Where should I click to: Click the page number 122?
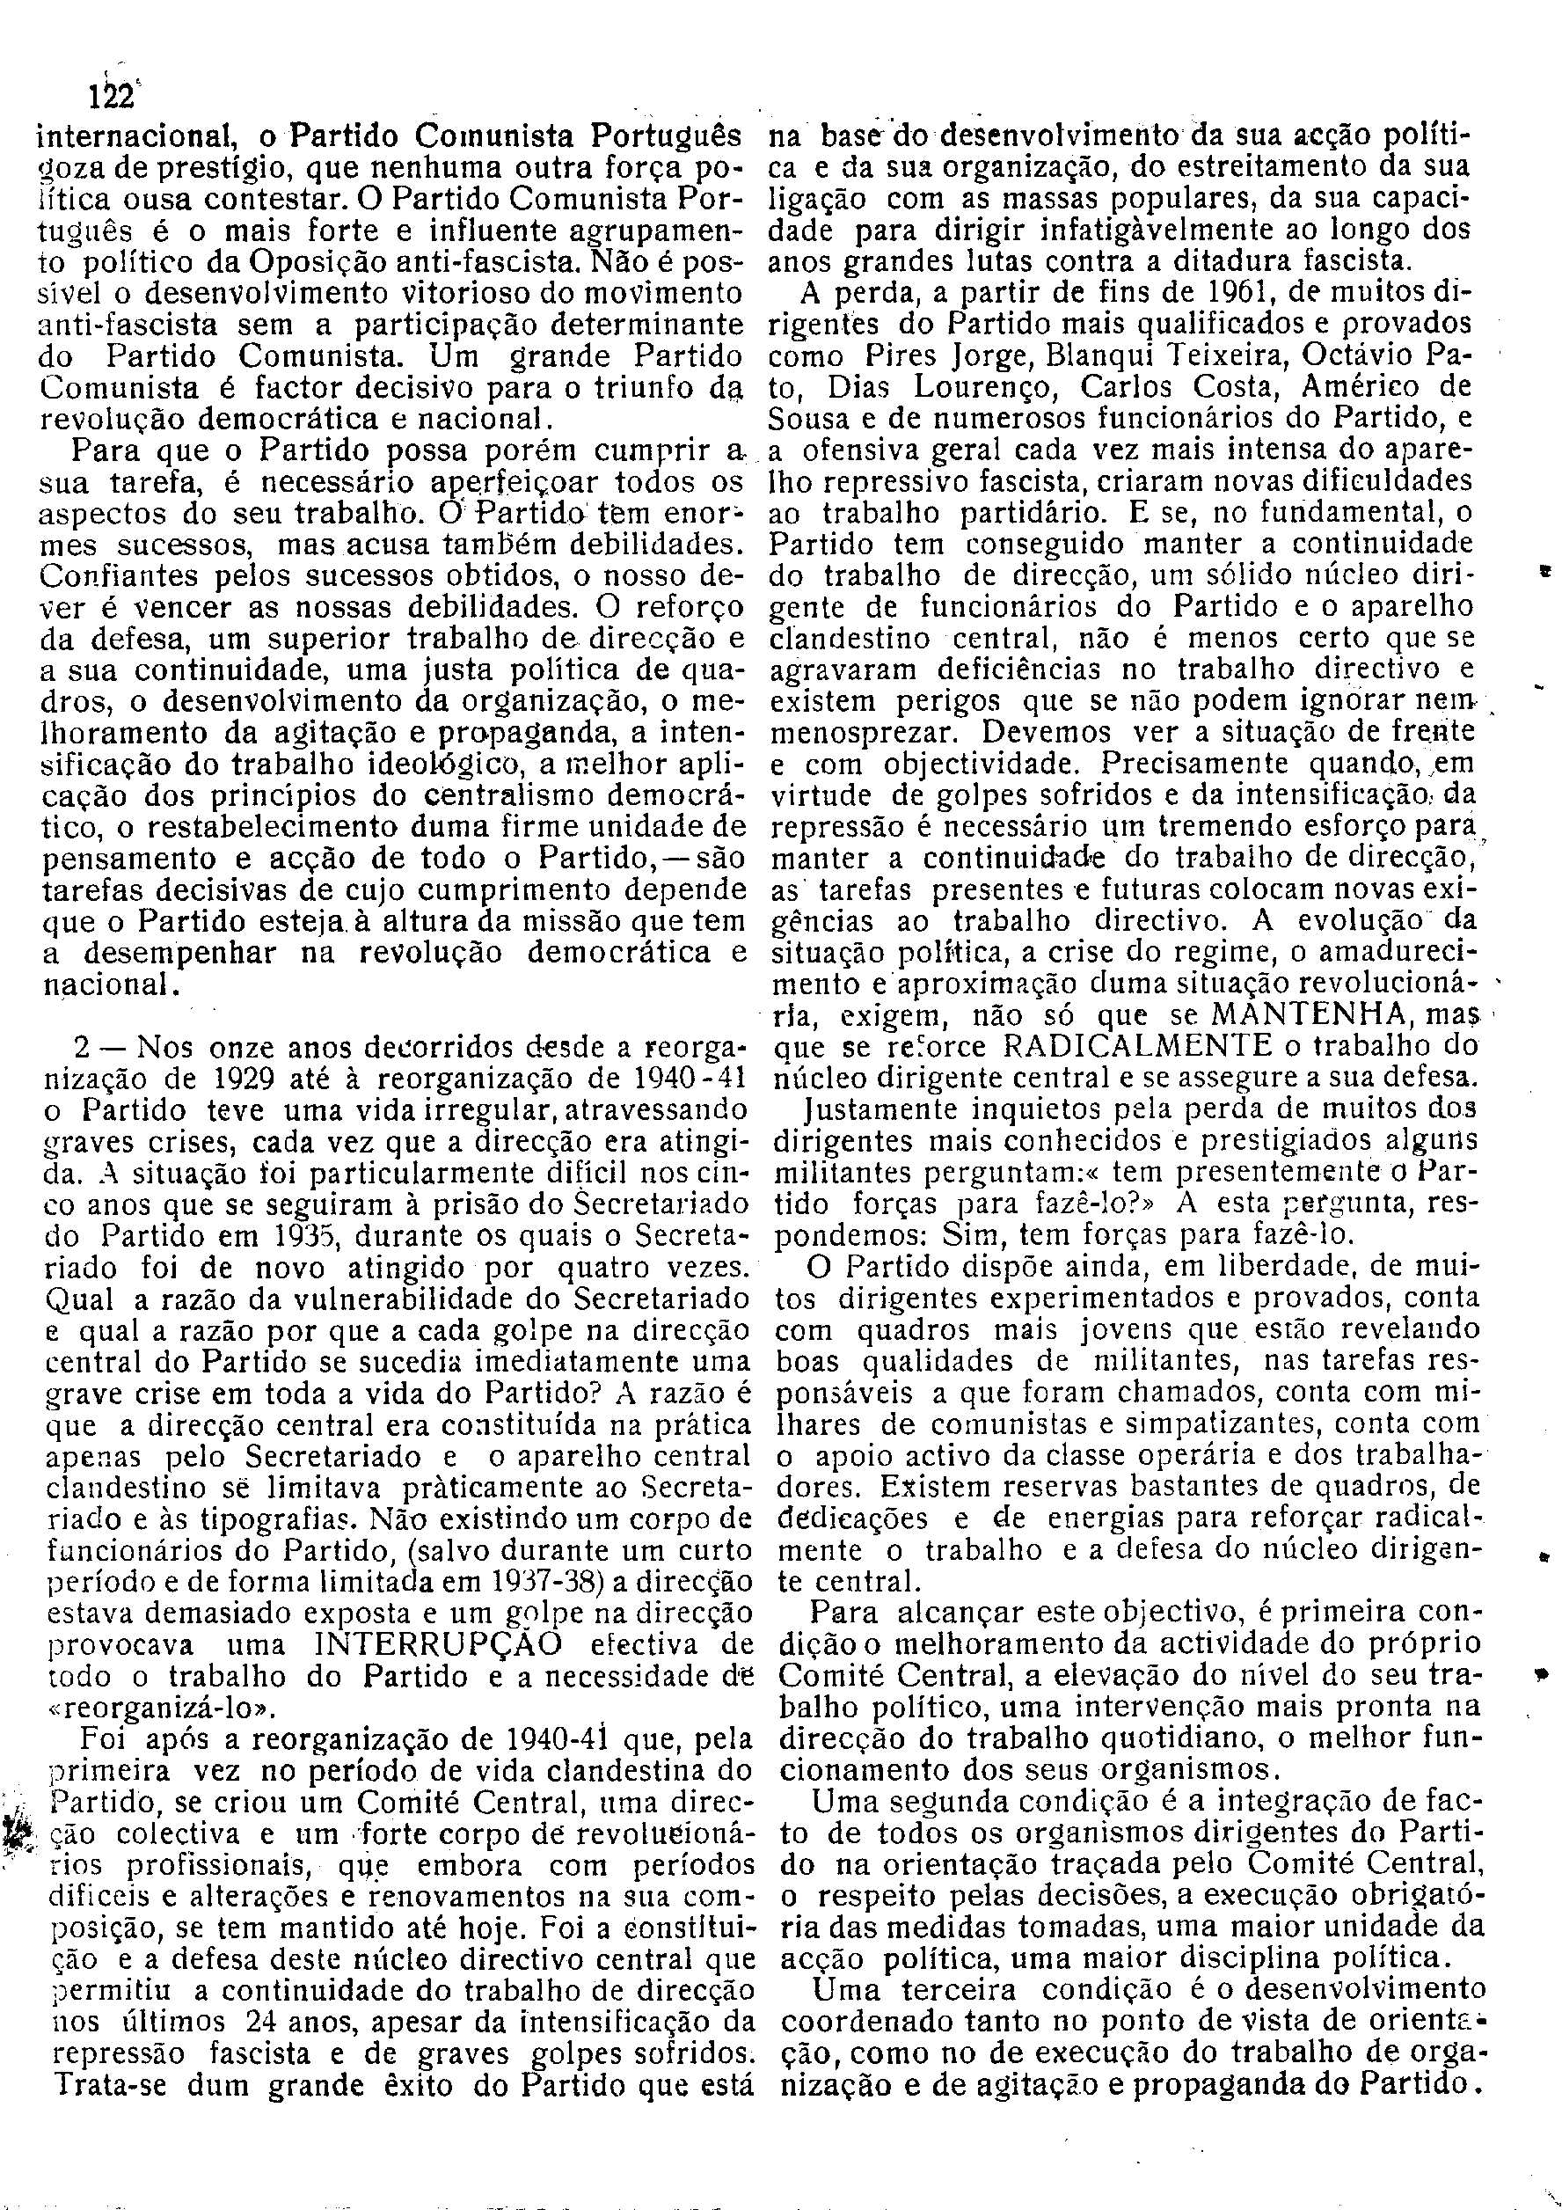[112, 98]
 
